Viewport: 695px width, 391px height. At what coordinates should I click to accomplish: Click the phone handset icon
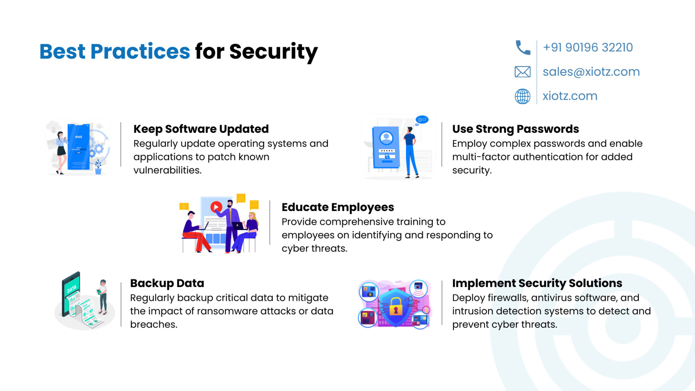[x=523, y=47]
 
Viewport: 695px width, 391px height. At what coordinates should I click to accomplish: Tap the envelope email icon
[x=523, y=72]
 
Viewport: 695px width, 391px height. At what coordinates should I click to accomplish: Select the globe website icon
[x=523, y=96]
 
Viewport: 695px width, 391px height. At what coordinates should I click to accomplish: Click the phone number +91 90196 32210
[x=588, y=47]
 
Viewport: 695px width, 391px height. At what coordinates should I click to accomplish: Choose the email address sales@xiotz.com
[x=591, y=72]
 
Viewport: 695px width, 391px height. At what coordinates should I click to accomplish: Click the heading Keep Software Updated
[x=201, y=129]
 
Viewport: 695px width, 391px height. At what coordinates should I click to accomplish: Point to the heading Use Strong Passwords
[x=515, y=129]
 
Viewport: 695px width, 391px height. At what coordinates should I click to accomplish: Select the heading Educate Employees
[x=338, y=207]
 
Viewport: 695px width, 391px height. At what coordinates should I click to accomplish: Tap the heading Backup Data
[x=167, y=283]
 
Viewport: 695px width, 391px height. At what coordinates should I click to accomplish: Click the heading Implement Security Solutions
[x=537, y=283]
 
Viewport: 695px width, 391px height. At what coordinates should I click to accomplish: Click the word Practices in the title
[x=140, y=51]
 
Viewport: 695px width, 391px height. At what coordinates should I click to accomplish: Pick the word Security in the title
[x=274, y=52]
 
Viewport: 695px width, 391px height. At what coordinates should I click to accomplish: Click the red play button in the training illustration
[x=216, y=207]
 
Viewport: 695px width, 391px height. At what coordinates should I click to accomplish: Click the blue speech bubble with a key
[x=422, y=119]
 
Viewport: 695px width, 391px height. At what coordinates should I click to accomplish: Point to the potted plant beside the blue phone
[x=98, y=167]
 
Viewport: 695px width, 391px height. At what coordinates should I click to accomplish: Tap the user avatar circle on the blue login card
[x=386, y=138]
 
